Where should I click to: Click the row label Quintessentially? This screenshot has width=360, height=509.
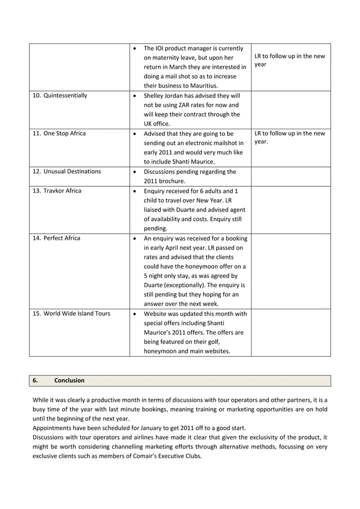click(x=64, y=95)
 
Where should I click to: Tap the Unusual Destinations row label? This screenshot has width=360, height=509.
click(x=68, y=172)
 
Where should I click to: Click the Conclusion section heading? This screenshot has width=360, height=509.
click(x=69, y=380)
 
